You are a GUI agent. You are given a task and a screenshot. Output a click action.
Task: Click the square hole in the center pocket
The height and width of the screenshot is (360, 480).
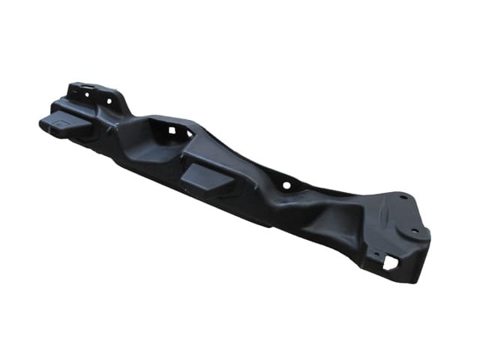point(171,130)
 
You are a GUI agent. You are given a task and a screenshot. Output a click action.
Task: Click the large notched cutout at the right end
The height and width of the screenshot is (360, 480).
point(391,262)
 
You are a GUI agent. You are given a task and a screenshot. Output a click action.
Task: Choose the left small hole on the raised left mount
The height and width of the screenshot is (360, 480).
point(87,95)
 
